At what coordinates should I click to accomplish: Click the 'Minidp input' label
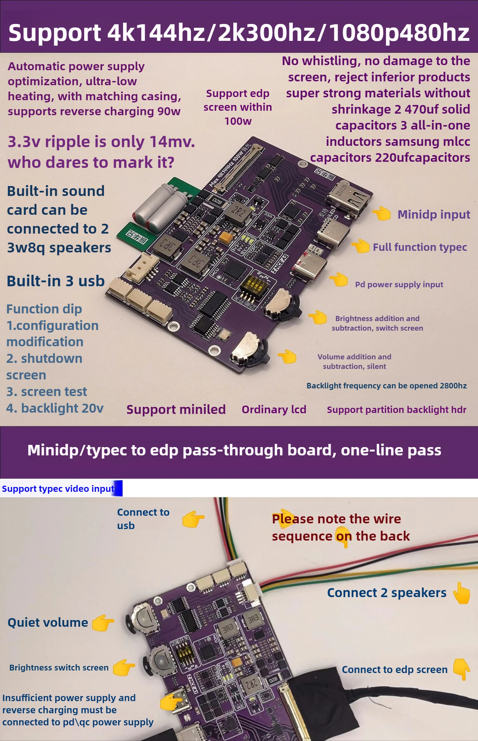tap(433, 214)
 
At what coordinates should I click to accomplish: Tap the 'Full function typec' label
tap(420, 247)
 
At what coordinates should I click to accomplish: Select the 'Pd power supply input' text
tap(399, 284)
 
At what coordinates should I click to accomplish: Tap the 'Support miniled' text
tap(176, 409)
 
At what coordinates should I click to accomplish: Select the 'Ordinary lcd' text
tap(274, 409)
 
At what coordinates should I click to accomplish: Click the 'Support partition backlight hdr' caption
tap(396, 410)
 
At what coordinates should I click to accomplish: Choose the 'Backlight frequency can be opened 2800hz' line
tap(386, 386)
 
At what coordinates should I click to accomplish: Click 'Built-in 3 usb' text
tap(56, 281)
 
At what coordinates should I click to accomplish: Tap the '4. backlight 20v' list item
tap(55, 408)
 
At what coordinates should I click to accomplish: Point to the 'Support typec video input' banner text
tap(58, 489)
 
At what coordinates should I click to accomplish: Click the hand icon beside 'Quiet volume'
tap(102, 623)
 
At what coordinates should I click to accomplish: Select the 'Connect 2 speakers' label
tap(387, 593)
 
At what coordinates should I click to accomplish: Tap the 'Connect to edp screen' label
tap(395, 670)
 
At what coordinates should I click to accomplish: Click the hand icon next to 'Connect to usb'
tap(193, 519)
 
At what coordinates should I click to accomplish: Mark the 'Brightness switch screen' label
tap(59, 668)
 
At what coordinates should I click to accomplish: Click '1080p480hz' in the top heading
tap(399, 33)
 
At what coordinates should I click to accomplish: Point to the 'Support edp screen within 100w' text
tap(238, 107)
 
